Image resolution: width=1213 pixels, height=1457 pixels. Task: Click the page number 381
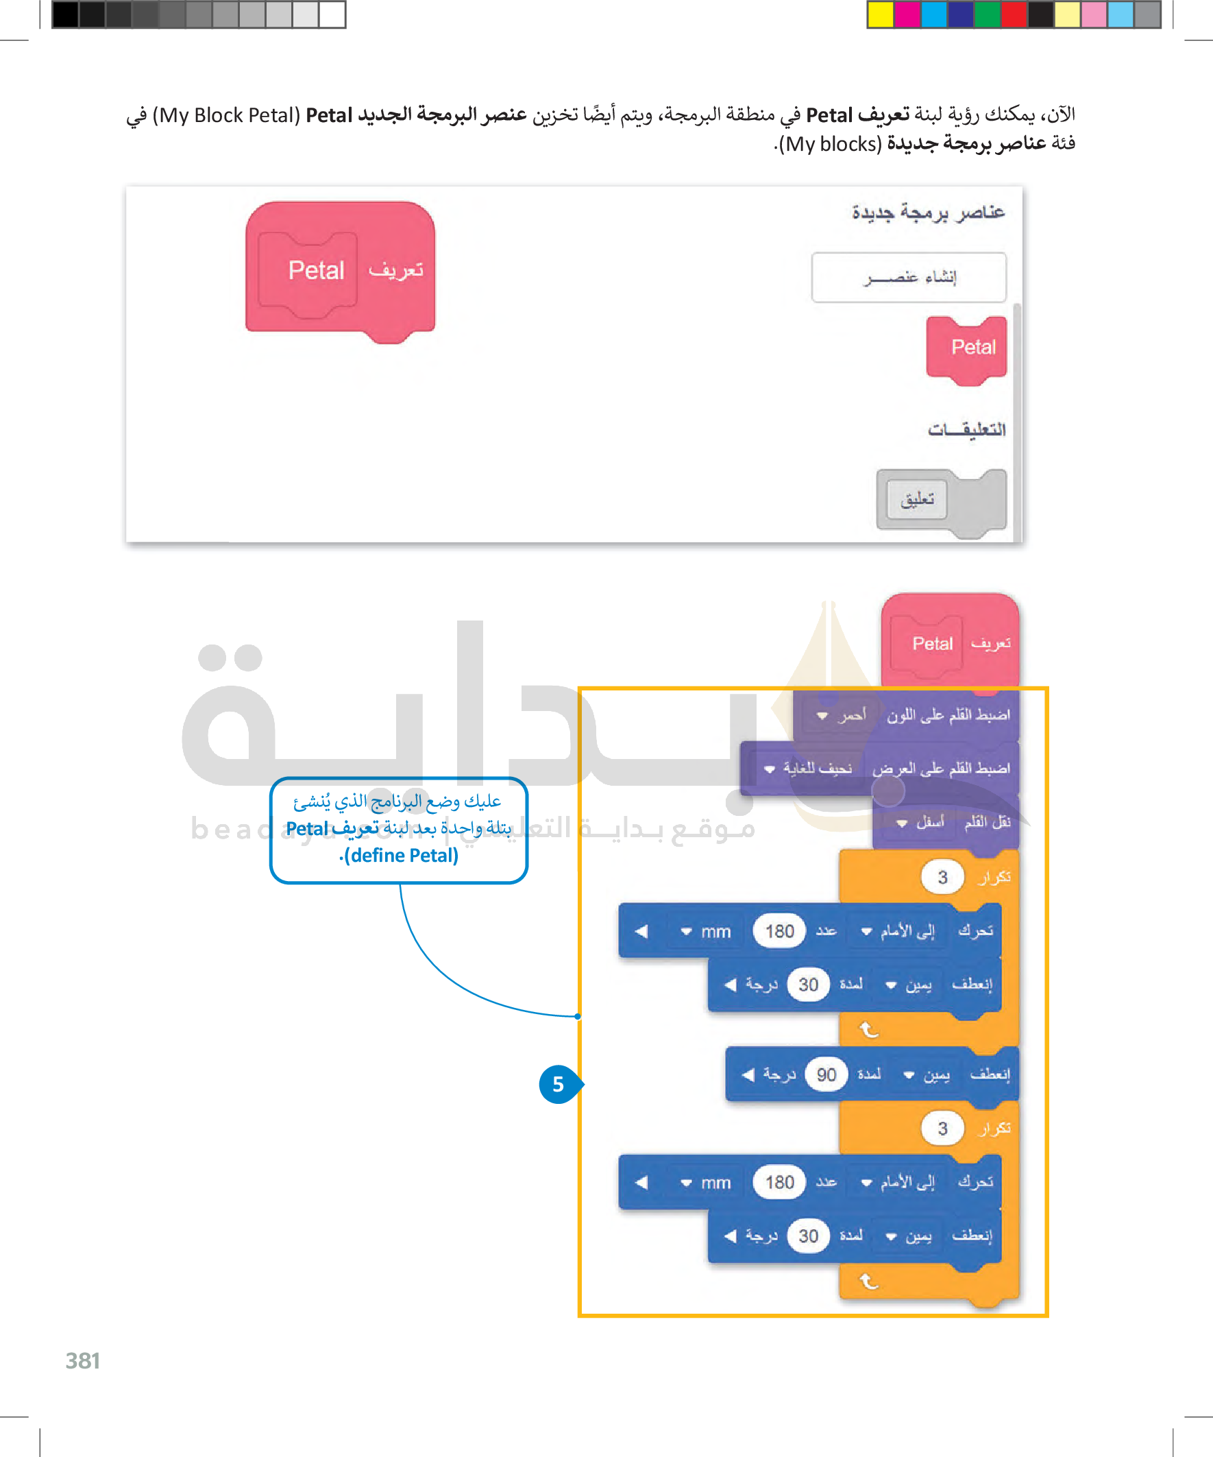pyautogui.click(x=82, y=1360)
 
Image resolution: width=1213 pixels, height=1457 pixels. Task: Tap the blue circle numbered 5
pyautogui.click(x=558, y=1084)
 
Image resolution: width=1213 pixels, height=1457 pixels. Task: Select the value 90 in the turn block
pyautogui.click(x=825, y=1074)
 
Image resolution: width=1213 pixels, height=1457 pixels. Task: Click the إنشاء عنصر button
pyautogui.click(x=909, y=278)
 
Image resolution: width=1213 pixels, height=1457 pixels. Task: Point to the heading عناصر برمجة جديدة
pyautogui.click(x=928, y=213)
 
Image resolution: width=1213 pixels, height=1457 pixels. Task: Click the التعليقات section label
pyautogui.click(x=966, y=429)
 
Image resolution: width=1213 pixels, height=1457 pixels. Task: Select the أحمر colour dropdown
pyautogui.click(x=842, y=715)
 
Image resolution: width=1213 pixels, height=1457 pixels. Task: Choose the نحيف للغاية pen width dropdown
pyautogui.click(x=807, y=769)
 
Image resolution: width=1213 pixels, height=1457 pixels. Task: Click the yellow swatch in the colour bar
pyautogui.click(x=880, y=14)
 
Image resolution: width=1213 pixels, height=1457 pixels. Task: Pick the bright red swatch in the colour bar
pyautogui.click(x=1014, y=14)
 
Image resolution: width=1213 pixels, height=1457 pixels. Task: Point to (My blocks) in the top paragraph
pyautogui.click(x=829, y=144)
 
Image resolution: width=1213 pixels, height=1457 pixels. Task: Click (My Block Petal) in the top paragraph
pyautogui.click(x=226, y=115)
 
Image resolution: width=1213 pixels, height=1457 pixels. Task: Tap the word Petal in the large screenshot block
pyautogui.click(x=316, y=271)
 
